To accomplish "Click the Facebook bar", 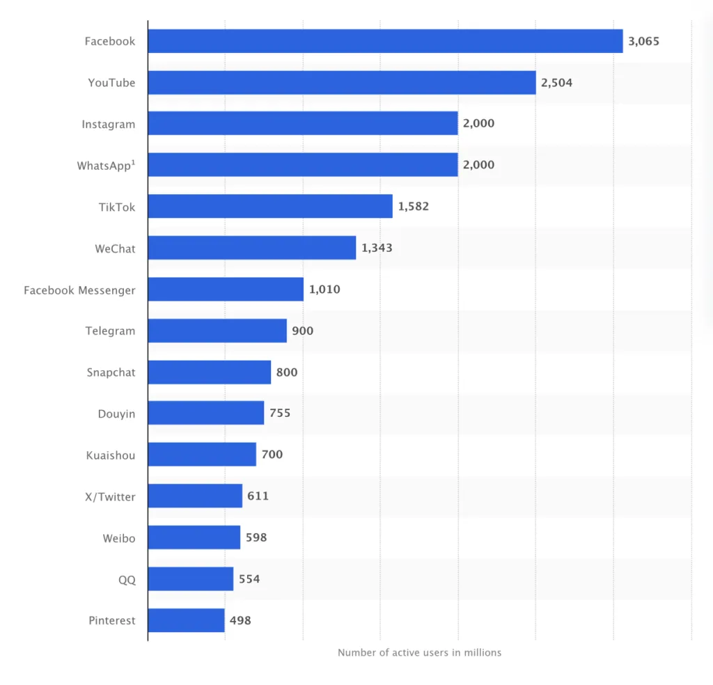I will (385, 41).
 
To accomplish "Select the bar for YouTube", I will (342, 83).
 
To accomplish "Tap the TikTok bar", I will (270, 206).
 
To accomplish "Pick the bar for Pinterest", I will (186, 620).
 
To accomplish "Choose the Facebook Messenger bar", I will (226, 289).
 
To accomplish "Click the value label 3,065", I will (643, 41).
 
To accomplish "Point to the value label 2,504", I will (556, 83).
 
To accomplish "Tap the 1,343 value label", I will (377, 248).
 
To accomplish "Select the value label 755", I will (280, 414).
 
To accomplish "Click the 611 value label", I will (258, 496).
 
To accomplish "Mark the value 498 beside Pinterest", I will (240, 620).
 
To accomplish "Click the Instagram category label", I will (109, 124).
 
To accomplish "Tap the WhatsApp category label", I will (106, 166).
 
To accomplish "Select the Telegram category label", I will (111, 331).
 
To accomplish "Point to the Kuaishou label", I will (111, 455).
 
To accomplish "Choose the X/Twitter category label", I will (110, 496).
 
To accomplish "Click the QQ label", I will (127, 579).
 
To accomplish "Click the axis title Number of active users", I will (419, 653).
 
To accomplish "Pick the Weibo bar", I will (194, 537).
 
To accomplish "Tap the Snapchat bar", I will (209, 372).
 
